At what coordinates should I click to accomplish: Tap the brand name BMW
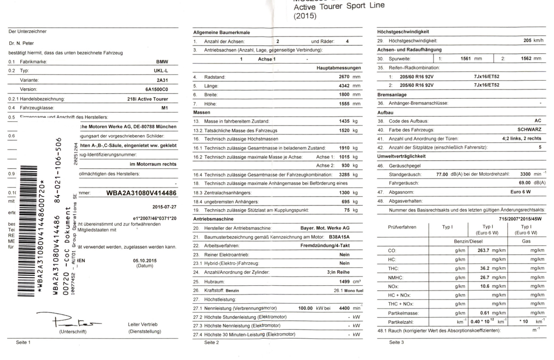162,61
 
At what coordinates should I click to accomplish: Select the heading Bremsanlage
392,94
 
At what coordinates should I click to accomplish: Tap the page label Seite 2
211,342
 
